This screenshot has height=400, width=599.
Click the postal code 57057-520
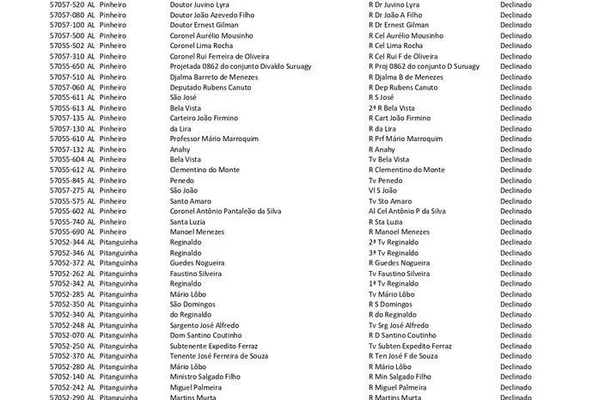(66, 4)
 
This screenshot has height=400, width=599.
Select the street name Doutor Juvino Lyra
(199, 4)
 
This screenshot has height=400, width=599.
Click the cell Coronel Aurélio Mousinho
(211, 35)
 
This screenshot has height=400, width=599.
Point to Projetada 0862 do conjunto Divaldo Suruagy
(240, 66)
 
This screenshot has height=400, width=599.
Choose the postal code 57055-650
(66, 66)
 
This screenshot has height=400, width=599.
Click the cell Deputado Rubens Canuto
(211, 87)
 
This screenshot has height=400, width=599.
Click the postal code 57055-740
(66, 221)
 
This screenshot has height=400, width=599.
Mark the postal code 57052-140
(66, 377)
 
